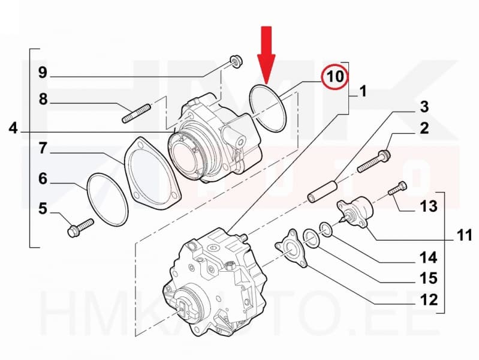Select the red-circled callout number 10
pos(335,77)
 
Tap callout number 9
pos(43,73)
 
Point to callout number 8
pos(43,99)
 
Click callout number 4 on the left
pos(14,128)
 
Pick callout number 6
pos(43,178)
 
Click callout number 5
pos(43,209)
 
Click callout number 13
pos(428,208)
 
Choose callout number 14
pos(428,259)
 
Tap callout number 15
pos(428,279)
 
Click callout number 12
pos(428,299)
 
